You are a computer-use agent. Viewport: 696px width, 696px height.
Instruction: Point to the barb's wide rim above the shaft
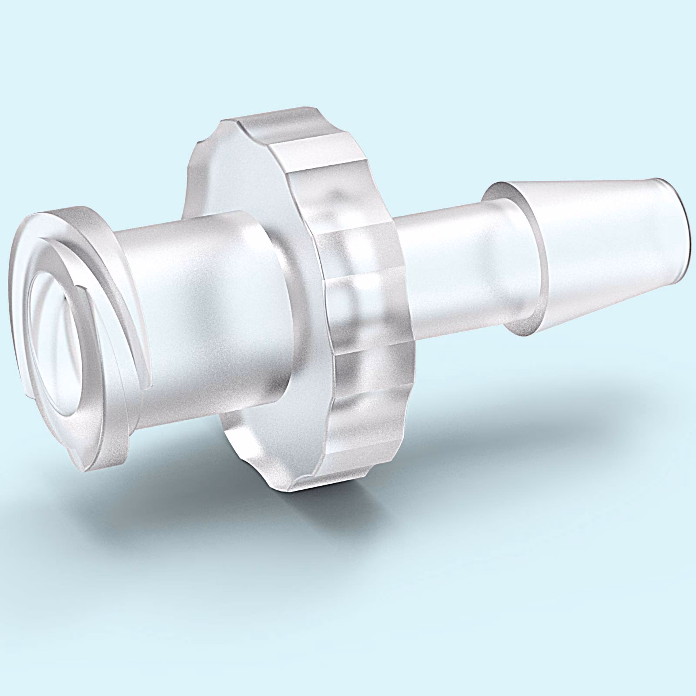tap(505, 191)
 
